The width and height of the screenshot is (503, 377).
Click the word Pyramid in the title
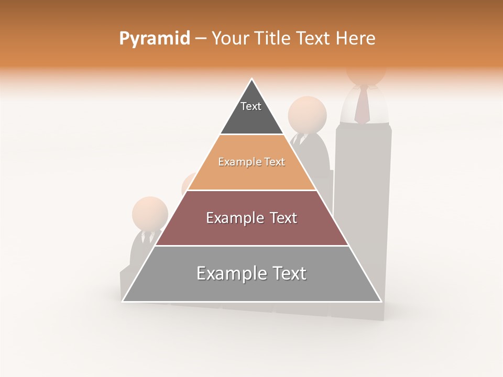[x=154, y=39]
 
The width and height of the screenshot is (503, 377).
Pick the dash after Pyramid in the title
[x=200, y=39]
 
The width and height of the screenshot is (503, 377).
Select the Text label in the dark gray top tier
[x=251, y=106]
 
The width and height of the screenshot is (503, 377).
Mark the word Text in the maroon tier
[x=282, y=218]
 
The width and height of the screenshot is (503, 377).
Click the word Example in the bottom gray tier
[x=225, y=273]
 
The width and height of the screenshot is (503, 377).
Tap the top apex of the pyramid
[x=252, y=79]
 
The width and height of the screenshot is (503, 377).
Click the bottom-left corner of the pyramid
[x=123, y=301]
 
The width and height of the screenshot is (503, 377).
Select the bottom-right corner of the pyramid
[x=381, y=301]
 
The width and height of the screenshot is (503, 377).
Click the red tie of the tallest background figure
[x=362, y=105]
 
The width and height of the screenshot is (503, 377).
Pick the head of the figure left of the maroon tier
[x=150, y=213]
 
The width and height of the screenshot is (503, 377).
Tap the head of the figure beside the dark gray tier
[x=308, y=115]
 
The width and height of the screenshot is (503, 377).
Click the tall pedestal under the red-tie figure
[x=363, y=209]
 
